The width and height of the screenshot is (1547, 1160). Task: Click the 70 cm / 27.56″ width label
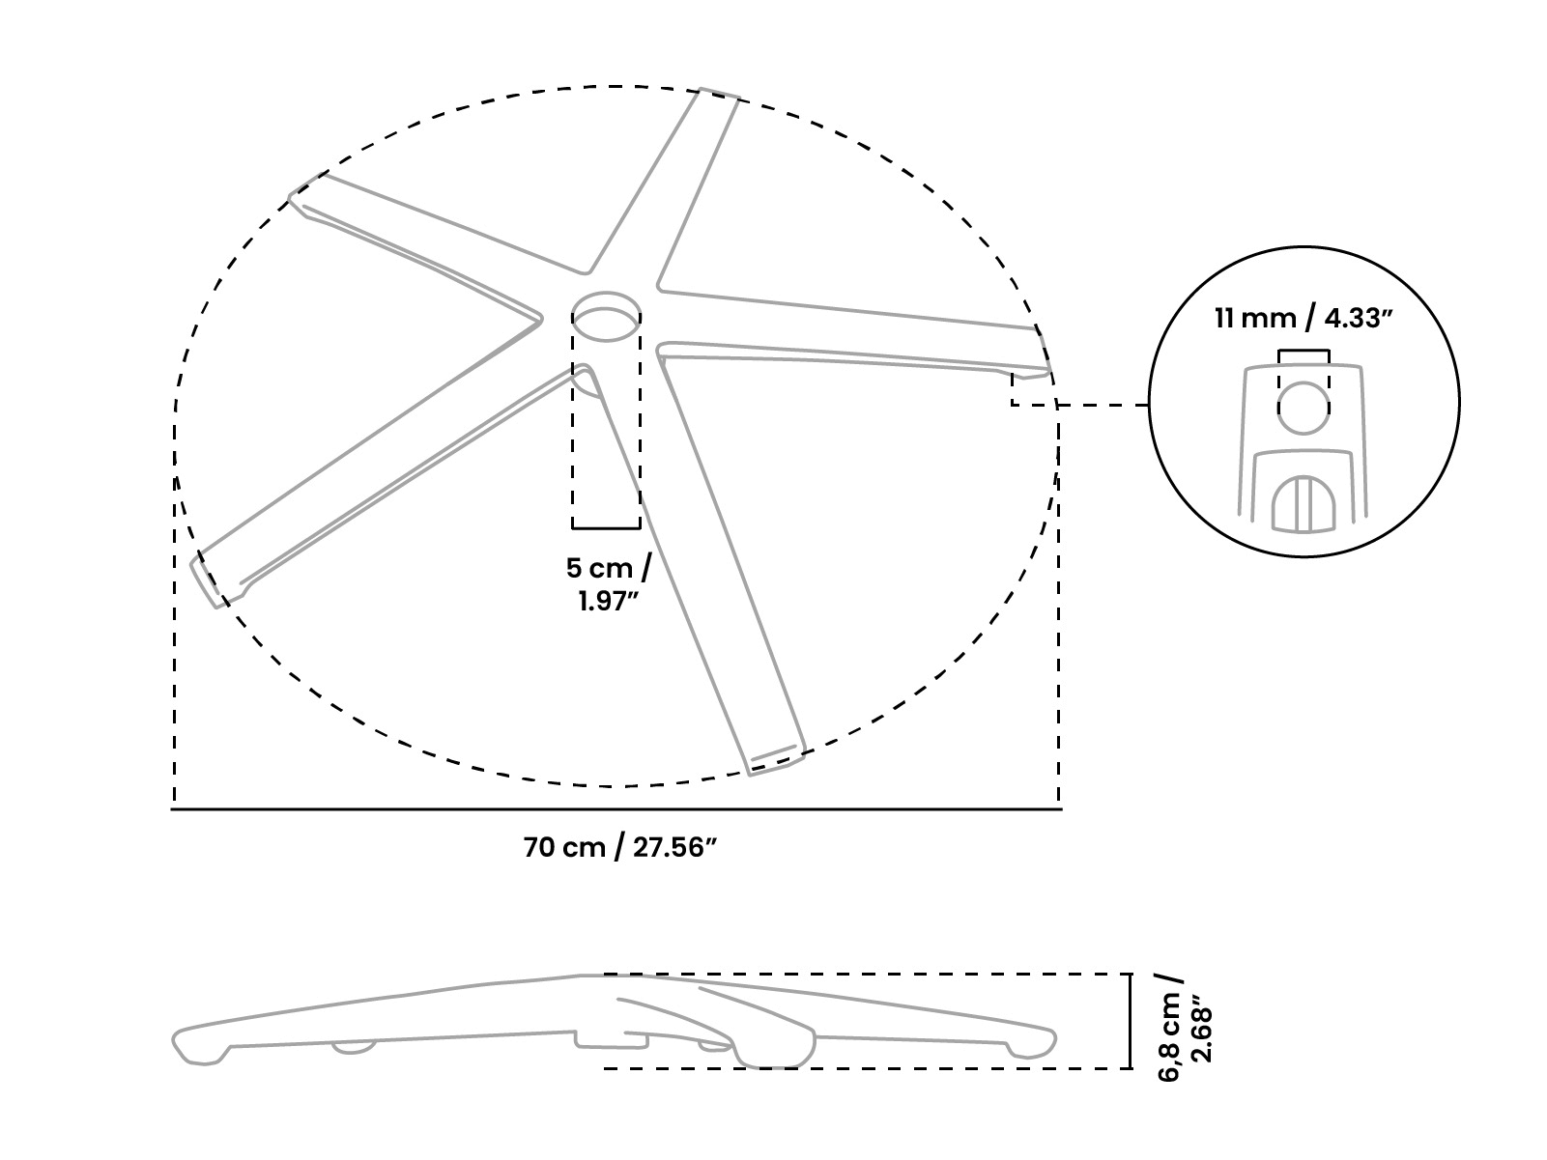tap(619, 847)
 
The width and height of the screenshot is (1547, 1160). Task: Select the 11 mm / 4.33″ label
tap(1303, 319)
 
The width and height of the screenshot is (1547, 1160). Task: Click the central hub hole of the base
tap(606, 317)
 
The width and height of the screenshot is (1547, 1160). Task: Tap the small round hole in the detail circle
tap(1303, 408)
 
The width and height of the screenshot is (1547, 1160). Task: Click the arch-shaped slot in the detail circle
tap(1303, 504)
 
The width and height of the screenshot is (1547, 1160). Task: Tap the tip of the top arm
tap(720, 93)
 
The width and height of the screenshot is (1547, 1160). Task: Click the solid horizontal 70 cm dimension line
tap(616, 809)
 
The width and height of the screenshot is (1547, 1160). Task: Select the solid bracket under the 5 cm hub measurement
tap(606, 526)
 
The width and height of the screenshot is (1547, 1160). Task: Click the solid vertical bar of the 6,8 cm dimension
tap(1131, 1021)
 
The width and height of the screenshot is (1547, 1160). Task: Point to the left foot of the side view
tap(201, 1048)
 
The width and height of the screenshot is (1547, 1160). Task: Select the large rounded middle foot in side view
tap(774, 1048)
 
